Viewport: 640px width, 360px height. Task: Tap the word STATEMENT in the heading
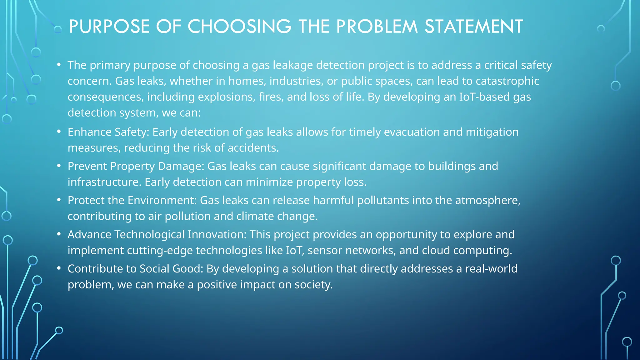[474, 27]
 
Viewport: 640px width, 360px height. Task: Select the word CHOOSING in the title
[239, 27]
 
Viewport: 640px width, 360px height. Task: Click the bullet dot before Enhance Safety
[59, 132]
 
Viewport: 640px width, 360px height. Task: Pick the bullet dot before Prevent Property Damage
[59, 166]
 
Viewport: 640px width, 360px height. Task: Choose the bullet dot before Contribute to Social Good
[59, 268]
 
